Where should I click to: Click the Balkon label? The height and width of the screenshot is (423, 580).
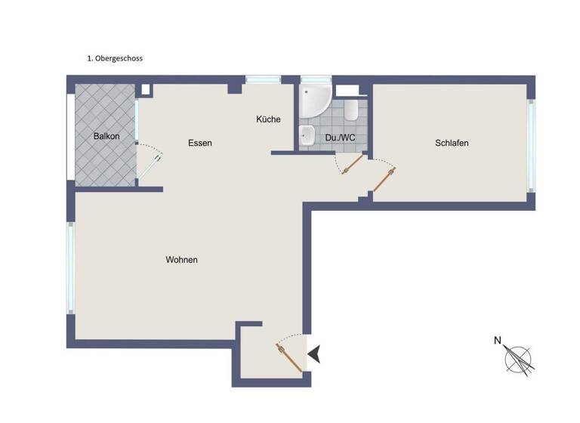(x=106, y=137)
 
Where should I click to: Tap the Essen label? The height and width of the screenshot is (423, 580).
(x=200, y=143)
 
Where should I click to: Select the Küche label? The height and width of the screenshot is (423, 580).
(x=268, y=119)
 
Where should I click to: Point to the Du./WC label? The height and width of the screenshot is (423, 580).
(x=340, y=137)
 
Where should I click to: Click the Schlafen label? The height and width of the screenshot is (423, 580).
(x=452, y=143)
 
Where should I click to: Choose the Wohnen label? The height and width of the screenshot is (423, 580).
(x=181, y=260)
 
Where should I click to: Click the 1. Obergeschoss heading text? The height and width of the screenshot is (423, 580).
(x=115, y=57)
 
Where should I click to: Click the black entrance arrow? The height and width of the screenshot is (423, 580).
(x=313, y=354)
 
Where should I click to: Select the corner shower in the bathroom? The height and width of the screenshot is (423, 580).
(x=312, y=100)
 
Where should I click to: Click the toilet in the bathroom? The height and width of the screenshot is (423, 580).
(x=350, y=112)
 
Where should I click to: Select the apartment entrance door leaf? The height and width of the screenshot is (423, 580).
(x=291, y=357)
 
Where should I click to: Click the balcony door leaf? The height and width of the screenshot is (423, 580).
(x=149, y=166)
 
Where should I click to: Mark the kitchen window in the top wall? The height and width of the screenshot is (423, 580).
(x=263, y=79)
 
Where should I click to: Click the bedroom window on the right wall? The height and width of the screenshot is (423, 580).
(x=531, y=146)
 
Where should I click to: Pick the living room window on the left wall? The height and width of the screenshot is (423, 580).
(x=70, y=268)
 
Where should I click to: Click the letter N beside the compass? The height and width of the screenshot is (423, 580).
(x=497, y=341)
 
